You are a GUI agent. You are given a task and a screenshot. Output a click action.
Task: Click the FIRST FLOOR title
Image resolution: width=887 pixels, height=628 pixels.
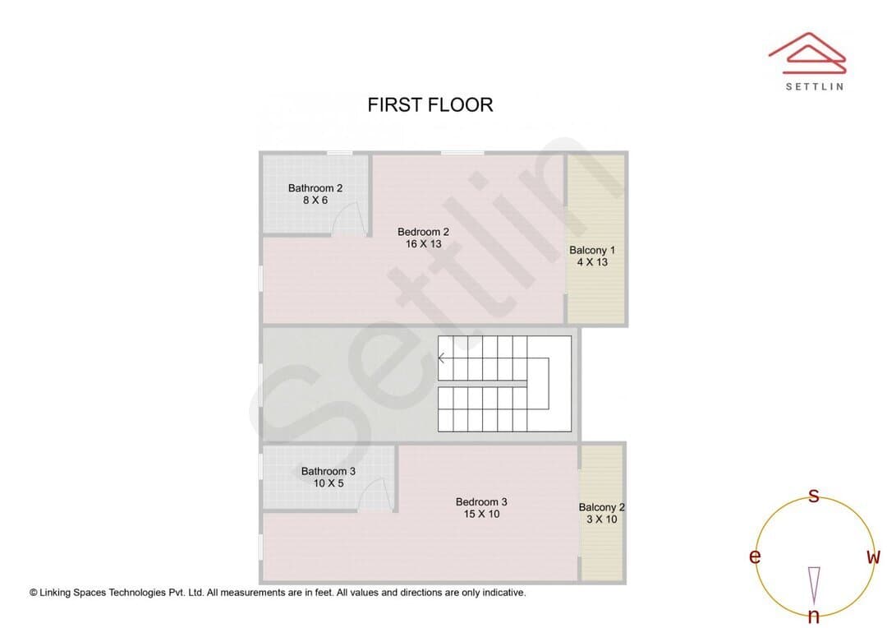430,104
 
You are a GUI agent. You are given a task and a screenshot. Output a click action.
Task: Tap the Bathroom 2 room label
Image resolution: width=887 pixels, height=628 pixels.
315,188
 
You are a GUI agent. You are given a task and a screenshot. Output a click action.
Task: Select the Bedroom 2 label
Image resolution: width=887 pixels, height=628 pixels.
423,232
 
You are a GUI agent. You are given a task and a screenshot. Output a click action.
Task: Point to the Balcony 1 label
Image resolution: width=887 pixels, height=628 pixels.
591,250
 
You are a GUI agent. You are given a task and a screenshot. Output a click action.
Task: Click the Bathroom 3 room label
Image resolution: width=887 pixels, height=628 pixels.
328,471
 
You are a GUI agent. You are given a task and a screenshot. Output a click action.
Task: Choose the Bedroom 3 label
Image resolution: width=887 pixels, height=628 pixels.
481,501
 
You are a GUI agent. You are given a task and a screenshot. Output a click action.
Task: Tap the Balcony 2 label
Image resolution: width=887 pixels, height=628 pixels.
601,507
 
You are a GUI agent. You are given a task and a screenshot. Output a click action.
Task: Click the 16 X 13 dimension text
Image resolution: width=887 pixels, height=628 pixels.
423,244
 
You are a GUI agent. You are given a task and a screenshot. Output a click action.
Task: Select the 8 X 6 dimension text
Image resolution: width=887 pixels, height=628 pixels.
315,200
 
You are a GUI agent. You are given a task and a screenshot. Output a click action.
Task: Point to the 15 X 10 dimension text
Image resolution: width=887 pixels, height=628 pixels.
481,515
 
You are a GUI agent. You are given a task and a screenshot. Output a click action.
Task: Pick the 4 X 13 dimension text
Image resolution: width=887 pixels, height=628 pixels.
592,262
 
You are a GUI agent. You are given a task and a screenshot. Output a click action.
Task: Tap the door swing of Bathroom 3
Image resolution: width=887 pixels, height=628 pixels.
375,494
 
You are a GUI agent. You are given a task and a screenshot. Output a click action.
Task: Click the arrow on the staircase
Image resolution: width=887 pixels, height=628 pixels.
442,358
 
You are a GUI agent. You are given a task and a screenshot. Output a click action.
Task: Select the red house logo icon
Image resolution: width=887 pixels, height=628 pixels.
807,53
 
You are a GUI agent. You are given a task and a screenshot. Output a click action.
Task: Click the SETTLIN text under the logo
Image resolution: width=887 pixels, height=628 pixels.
815,86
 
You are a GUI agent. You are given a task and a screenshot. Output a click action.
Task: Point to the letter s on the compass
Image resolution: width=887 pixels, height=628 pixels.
813,496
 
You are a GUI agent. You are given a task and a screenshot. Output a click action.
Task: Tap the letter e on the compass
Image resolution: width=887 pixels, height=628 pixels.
755,556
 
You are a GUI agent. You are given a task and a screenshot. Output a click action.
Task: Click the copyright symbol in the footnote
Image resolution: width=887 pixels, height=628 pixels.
34,593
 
